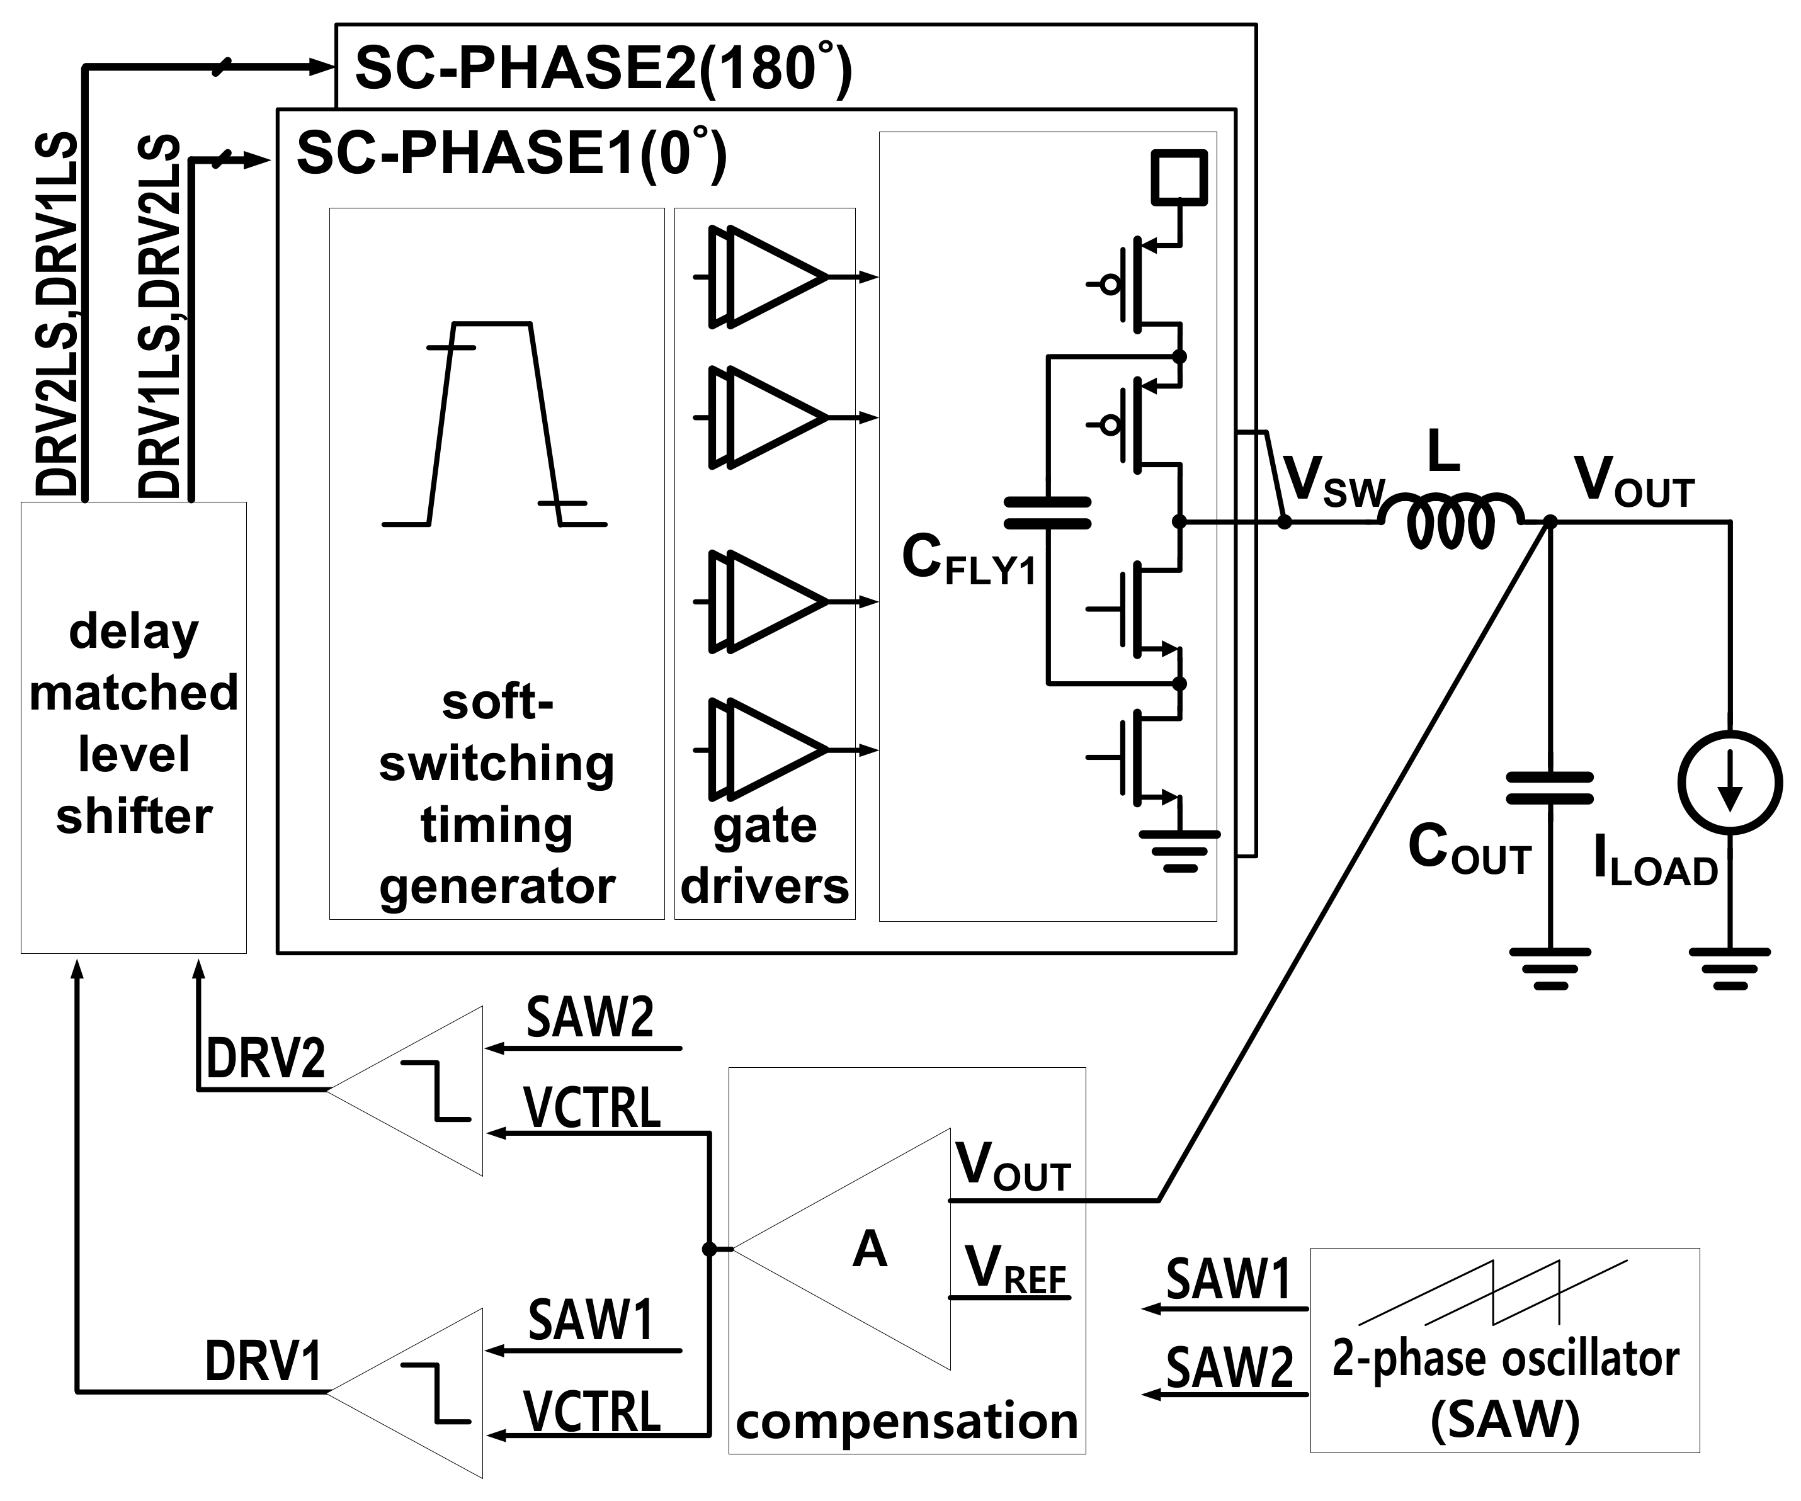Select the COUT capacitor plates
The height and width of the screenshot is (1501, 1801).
1549,788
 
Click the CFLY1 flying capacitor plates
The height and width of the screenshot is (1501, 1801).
1047,513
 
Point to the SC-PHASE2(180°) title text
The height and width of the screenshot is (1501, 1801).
604,69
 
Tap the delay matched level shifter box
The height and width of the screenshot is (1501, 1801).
134,727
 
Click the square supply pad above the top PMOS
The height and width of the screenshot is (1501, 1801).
1179,177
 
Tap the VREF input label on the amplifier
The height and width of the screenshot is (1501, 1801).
1014,1269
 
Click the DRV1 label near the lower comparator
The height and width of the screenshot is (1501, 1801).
263,1361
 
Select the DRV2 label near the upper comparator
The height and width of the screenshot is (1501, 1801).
266,1058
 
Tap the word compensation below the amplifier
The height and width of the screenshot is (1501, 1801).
907,1421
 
